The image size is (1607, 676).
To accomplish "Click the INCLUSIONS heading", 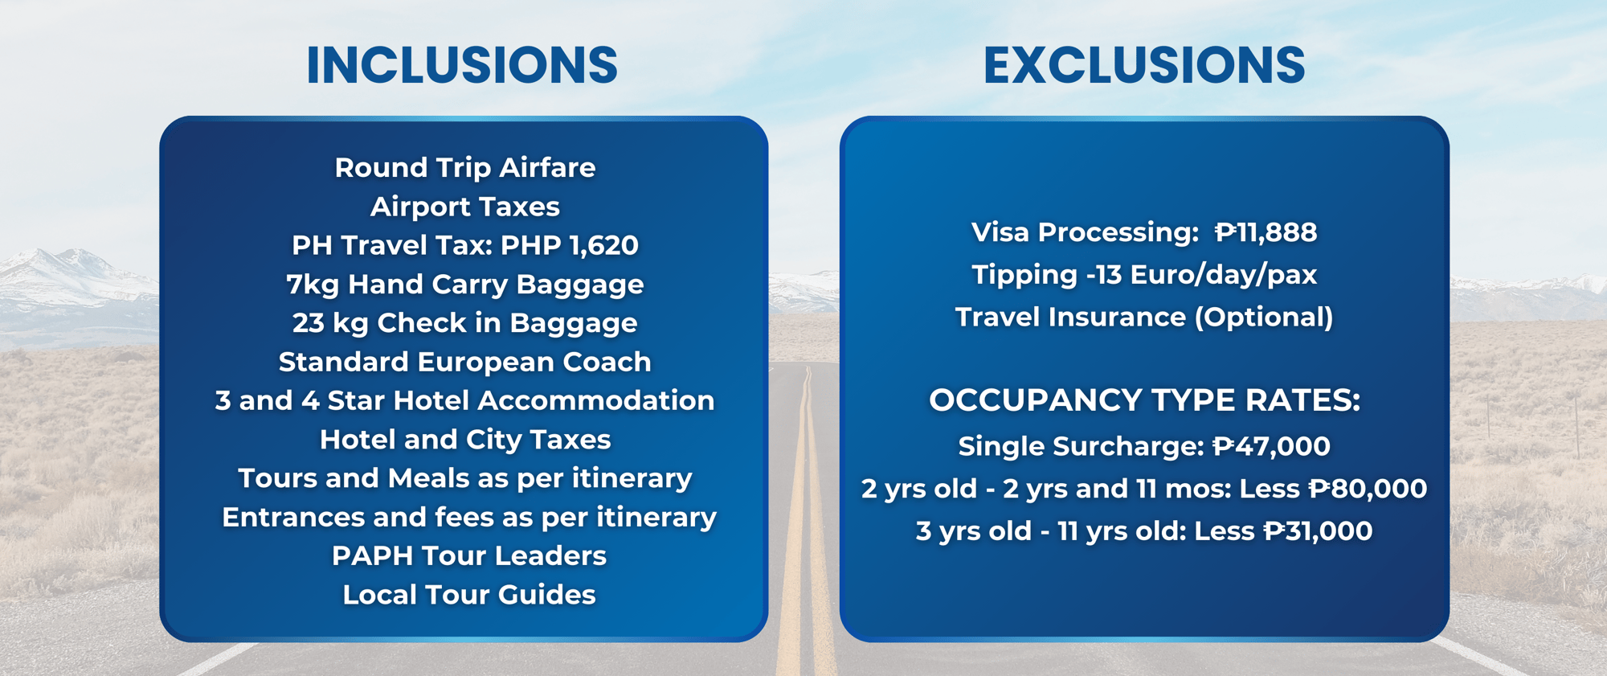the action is [462, 65].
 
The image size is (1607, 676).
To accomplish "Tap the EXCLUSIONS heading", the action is [1144, 65].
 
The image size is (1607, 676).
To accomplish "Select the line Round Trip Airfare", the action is [465, 168].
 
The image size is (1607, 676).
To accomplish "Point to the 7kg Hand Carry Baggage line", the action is [465, 285].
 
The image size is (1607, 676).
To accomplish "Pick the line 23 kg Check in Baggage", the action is [465, 323].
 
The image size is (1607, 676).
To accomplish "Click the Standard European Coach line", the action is [465, 362].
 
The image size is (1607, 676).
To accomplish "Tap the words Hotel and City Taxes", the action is [465, 440].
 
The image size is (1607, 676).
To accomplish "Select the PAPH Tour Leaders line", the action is [469, 555].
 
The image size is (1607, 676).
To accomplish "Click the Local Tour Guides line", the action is [469, 595].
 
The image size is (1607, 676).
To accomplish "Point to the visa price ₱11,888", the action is [1266, 232].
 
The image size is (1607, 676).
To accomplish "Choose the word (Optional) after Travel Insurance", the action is [1264, 318].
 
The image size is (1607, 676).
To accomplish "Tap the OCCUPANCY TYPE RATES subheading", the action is [1144, 400].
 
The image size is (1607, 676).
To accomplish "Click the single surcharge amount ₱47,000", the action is [1271, 446].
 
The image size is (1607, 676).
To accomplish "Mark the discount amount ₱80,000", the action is [1368, 489].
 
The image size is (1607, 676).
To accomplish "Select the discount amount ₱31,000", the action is [1318, 531].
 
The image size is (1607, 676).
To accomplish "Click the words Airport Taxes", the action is [465, 207].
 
